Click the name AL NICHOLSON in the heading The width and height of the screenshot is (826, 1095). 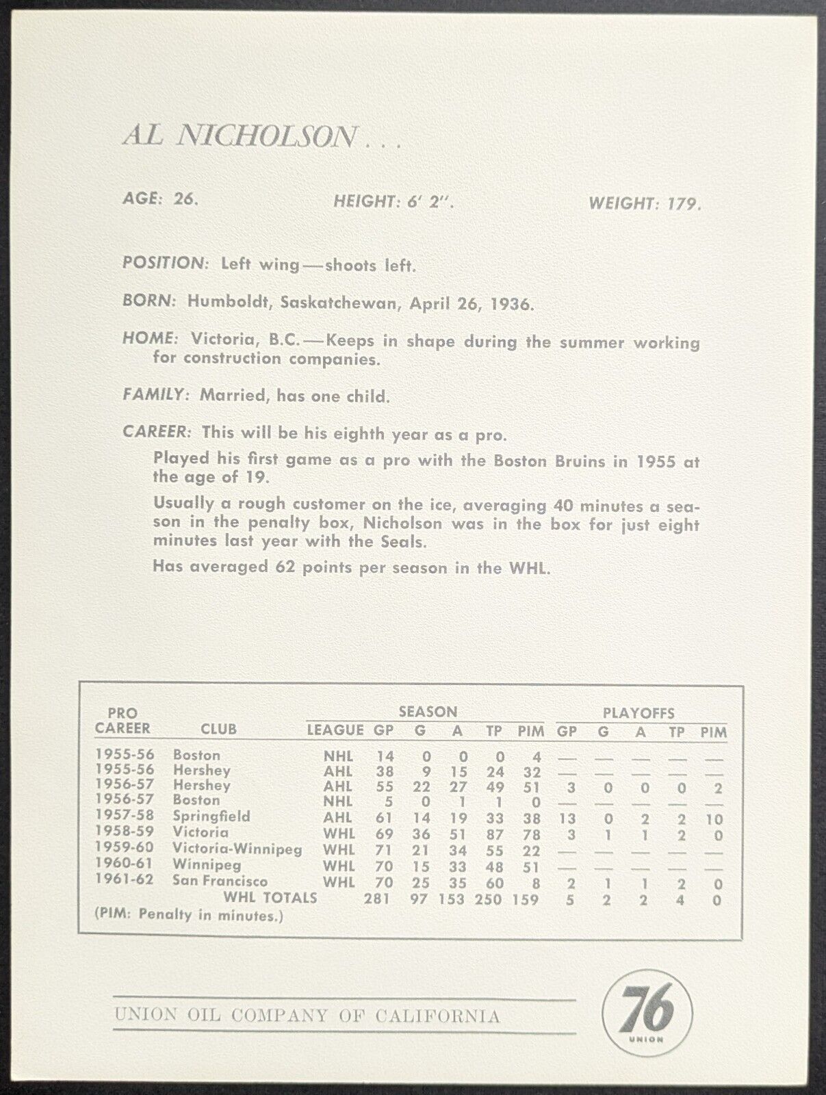240,136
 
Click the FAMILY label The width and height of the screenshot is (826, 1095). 155,395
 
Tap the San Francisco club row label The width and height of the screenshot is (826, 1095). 220,881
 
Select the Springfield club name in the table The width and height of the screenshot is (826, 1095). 211,816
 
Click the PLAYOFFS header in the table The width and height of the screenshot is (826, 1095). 638,712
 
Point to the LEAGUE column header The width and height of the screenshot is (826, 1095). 335,730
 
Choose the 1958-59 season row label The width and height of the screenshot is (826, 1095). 125,832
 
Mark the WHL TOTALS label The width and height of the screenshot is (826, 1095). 270,897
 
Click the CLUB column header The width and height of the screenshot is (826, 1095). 218,730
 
